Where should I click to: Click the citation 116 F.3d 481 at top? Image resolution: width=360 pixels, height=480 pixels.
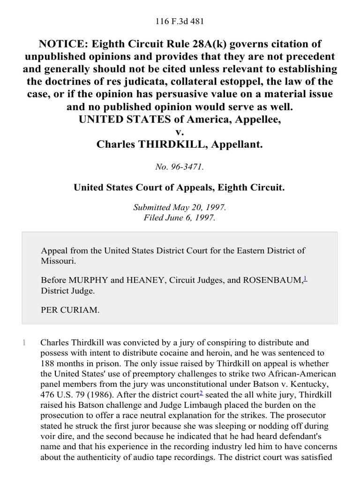180,22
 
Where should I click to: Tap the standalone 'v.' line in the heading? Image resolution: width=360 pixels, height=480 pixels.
180,132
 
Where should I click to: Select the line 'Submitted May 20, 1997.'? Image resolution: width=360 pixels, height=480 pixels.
180,207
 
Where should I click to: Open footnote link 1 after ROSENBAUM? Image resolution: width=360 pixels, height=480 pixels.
305,278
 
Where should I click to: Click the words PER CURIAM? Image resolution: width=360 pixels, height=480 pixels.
70,310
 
